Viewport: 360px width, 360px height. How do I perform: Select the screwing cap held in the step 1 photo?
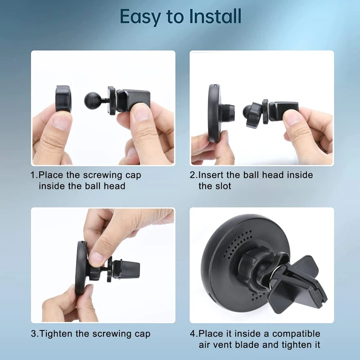pyautogui.click(x=63, y=99)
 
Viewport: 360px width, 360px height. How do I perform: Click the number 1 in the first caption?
pyautogui.click(x=33, y=175)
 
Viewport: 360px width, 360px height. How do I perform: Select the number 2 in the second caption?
pyautogui.click(x=193, y=175)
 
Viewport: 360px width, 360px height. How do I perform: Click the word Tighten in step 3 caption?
pyautogui.click(x=56, y=334)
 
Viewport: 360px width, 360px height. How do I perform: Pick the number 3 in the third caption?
pyautogui.click(x=33, y=334)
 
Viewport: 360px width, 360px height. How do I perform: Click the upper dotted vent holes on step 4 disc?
pyautogui.click(x=238, y=244)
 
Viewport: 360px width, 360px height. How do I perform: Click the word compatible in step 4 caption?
pyautogui.click(x=296, y=333)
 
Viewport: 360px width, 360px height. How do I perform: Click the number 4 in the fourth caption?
pyautogui.click(x=193, y=334)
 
